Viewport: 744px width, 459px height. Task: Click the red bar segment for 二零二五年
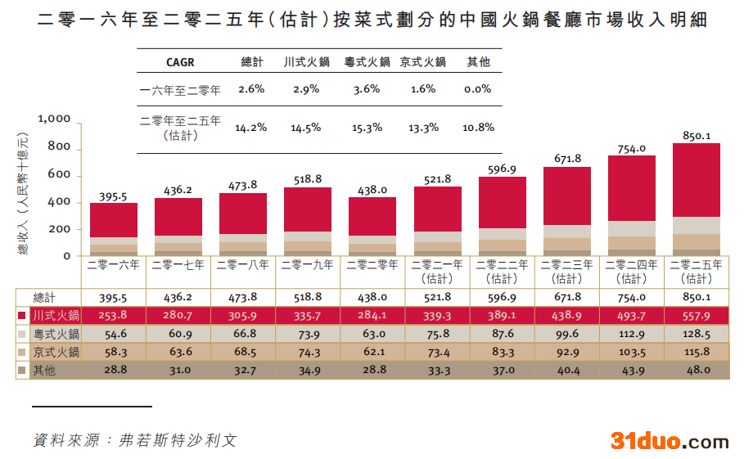(x=696, y=180)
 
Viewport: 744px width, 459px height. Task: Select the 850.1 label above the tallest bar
(x=697, y=136)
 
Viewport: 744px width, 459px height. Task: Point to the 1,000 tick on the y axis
(x=55, y=119)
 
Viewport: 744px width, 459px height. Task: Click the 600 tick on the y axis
(x=60, y=174)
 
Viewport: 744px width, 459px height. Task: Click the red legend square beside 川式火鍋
(x=22, y=316)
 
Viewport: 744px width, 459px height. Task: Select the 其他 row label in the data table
(x=45, y=371)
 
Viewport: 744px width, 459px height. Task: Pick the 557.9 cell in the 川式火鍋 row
(x=697, y=316)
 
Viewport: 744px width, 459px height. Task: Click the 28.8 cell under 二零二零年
(x=372, y=371)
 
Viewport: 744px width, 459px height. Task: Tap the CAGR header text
(x=180, y=62)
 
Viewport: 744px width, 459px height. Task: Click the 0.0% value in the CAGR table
(x=477, y=89)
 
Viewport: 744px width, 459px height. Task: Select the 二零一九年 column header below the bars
(x=307, y=265)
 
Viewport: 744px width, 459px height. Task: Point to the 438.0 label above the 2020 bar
(x=372, y=189)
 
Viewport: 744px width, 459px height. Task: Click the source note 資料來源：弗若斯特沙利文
(x=135, y=439)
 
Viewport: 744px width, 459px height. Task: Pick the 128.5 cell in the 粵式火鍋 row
(x=697, y=334)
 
